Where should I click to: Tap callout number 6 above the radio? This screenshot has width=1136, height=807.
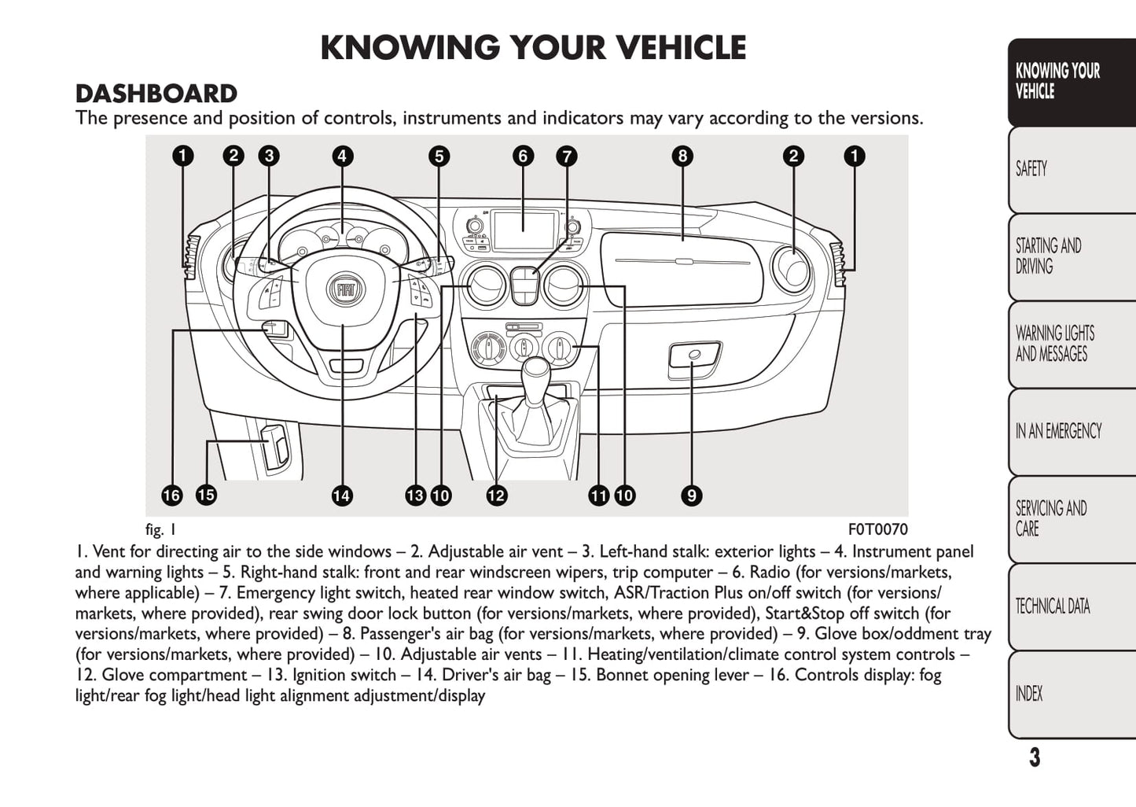[523, 156]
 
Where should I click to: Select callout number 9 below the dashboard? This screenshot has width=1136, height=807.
[691, 496]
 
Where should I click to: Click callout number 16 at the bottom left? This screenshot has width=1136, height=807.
[171, 496]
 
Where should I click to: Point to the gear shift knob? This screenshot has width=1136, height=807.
[537, 368]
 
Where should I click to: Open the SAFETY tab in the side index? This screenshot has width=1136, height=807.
[1031, 169]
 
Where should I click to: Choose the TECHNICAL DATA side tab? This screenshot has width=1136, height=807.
[1053, 606]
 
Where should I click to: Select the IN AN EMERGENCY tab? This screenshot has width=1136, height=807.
[1058, 431]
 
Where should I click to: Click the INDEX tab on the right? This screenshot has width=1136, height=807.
[1029, 694]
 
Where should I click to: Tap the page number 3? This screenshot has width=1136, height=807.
[1035, 757]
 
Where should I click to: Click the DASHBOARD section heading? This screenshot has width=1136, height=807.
[156, 94]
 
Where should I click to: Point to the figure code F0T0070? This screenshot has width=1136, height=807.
[877, 529]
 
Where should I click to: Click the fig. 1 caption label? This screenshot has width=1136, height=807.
[160, 529]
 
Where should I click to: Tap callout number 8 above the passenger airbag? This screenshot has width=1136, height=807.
[682, 156]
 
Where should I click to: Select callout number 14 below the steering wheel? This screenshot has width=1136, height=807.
[342, 496]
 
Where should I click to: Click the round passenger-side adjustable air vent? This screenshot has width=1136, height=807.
[791, 269]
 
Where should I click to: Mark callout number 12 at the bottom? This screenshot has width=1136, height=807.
[496, 496]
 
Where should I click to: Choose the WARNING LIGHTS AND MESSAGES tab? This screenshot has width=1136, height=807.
[1054, 344]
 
